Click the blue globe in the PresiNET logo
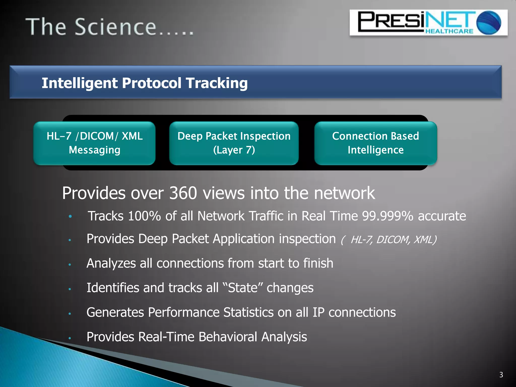[489, 23]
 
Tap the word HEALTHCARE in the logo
[449, 31]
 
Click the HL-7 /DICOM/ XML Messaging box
[94, 143]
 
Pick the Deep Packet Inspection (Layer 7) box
[234, 143]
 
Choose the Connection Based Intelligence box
[375, 143]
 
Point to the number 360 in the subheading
[183, 193]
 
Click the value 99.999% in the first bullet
[388, 216]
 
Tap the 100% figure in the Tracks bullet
[144, 216]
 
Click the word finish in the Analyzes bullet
[318, 263]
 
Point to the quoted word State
[243, 288]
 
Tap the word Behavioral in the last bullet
[228, 337]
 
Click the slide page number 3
[501, 375]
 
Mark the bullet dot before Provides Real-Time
[70, 338]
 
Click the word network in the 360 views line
[344, 193]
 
